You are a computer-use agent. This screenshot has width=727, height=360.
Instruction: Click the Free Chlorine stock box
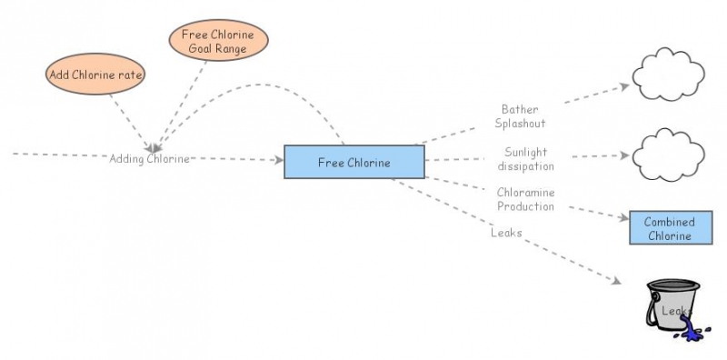click(354, 163)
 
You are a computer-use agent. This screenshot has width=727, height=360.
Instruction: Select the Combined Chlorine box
click(669, 228)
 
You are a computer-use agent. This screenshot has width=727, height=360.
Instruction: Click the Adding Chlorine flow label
click(150, 158)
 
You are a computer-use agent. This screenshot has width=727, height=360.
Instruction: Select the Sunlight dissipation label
click(526, 158)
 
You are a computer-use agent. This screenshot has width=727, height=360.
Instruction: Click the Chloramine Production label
click(525, 199)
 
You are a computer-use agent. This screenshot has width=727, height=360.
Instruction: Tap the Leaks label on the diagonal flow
click(506, 233)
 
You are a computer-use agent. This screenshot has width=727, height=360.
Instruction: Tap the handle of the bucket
click(652, 309)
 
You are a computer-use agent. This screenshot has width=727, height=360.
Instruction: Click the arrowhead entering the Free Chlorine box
click(278, 161)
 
